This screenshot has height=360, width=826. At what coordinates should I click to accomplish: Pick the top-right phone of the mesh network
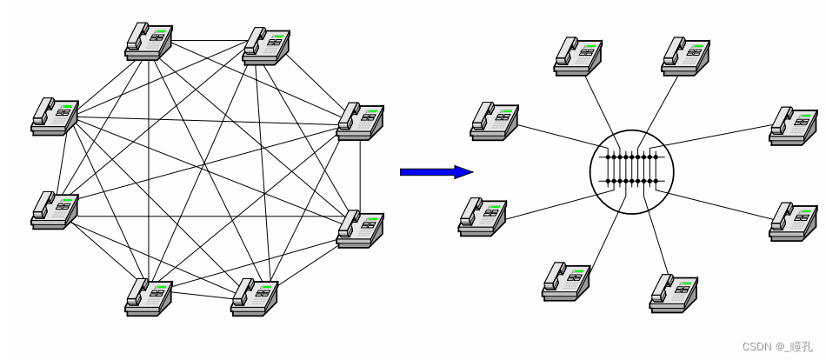pos(266,45)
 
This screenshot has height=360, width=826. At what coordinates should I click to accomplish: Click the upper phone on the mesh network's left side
pos(54,116)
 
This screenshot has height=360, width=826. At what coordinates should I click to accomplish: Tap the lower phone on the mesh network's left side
pos(54,210)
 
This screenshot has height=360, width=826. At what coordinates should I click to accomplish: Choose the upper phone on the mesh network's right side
pos(360,122)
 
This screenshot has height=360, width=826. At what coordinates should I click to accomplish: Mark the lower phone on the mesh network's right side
pos(360,229)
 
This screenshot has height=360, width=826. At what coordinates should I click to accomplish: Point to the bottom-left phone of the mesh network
pos(148,297)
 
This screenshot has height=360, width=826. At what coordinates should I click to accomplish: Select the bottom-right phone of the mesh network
pos(254,297)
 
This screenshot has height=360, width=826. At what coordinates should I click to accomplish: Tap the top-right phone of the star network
pos(686,54)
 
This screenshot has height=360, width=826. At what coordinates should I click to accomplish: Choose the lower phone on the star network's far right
pos(793,222)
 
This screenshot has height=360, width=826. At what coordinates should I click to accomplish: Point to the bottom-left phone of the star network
pos(566,281)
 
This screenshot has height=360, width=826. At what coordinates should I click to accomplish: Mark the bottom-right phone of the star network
pos(673,292)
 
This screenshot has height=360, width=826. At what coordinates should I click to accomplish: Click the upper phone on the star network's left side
pos(494,121)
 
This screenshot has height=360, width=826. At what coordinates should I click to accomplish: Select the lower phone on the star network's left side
pos(482,216)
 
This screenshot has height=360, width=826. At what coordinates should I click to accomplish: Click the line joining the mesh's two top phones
pos(207,40)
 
